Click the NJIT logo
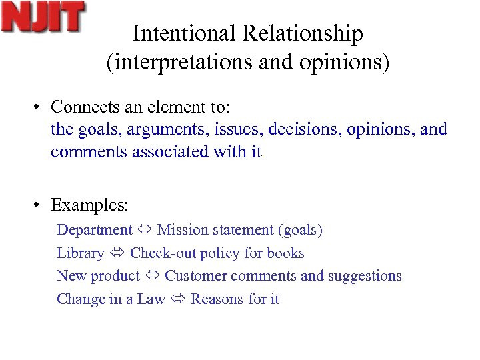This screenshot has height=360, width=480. [x=43, y=18]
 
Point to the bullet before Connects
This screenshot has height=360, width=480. [x=41, y=107]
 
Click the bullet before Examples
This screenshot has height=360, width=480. [x=41, y=205]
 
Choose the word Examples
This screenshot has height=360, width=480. [x=89, y=205]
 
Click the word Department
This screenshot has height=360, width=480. [x=94, y=230]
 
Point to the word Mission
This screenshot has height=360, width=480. [x=182, y=230]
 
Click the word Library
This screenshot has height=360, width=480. [x=80, y=253]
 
